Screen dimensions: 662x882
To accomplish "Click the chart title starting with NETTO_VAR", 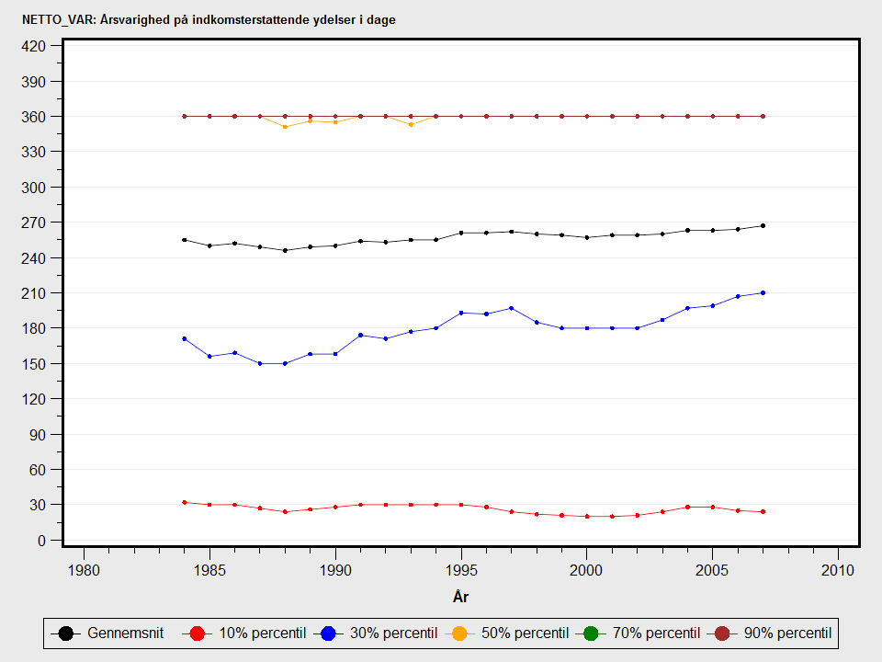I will [x=209, y=19].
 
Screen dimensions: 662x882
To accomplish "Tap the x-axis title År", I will [x=461, y=598].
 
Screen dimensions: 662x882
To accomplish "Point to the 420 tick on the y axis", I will [x=34, y=46].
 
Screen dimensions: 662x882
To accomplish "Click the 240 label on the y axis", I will [x=34, y=257].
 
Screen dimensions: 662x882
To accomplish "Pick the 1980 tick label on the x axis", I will [x=84, y=570].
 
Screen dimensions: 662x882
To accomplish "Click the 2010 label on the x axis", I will [x=838, y=570].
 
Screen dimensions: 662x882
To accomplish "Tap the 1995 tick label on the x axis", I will [x=461, y=570].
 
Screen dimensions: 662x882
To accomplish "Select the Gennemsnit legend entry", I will [x=110, y=633].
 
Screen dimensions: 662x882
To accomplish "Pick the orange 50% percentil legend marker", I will [x=458, y=633].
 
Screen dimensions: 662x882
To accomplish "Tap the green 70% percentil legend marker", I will [x=591, y=633].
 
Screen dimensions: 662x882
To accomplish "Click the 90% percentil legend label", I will [x=787, y=633].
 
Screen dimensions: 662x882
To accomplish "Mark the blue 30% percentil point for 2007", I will [x=763, y=293].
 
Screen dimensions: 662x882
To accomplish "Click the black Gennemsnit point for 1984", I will [x=185, y=240].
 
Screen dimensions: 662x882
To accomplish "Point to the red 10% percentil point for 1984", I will [x=185, y=502].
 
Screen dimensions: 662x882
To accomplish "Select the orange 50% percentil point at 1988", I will [x=285, y=127].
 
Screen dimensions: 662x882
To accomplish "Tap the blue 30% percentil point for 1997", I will [x=512, y=308].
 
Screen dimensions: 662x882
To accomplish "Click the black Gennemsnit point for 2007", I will [x=763, y=225].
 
